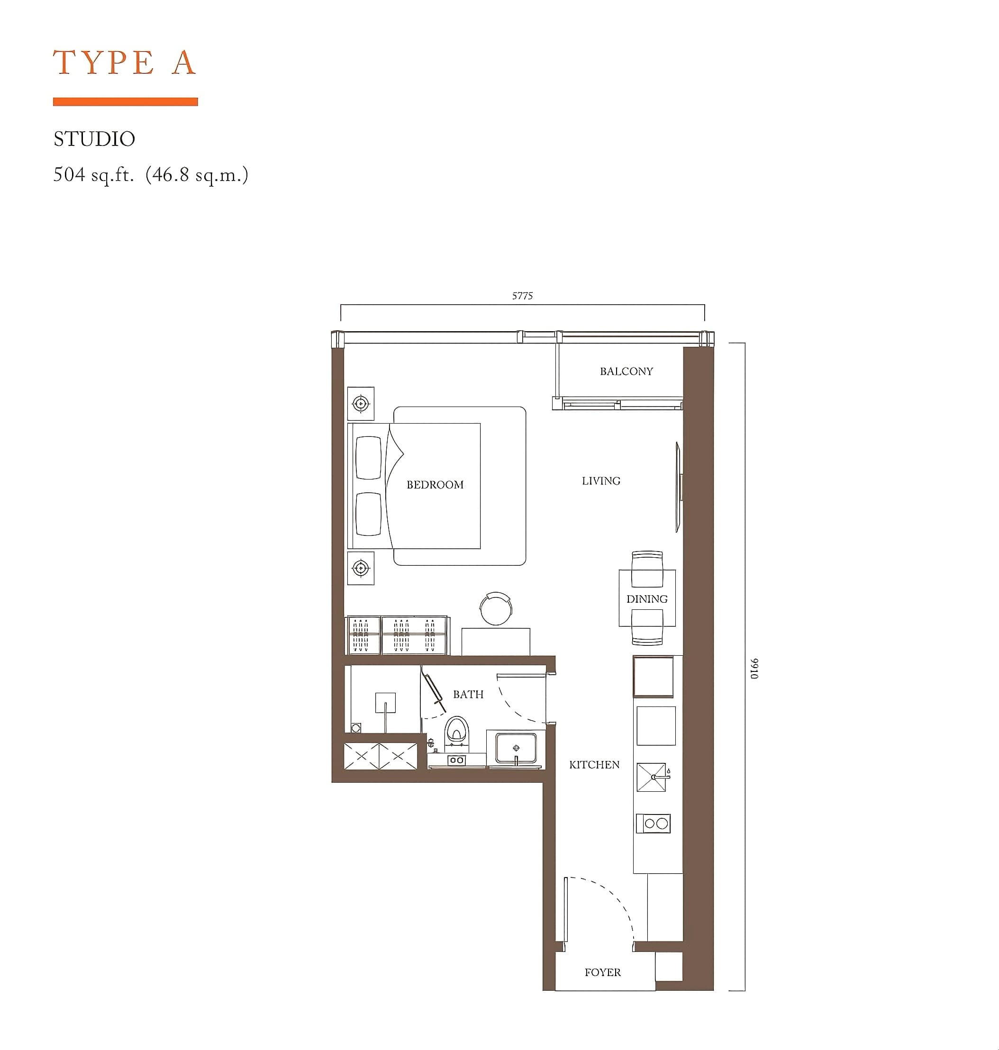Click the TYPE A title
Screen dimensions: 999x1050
(x=125, y=63)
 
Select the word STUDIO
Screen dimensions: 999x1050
(x=94, y=139)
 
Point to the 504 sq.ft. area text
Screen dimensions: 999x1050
(x=94, y=175)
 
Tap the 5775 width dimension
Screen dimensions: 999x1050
(x=522, y=296)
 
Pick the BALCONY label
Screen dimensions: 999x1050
(x=626, y=371)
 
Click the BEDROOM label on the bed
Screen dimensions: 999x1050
(x=435, y=485)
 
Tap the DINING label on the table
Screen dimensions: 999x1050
(x=646, y=599)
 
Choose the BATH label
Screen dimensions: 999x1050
(x=468, y=694)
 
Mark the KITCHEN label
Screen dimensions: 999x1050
(x=594, y=765)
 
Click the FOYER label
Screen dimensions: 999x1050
(x=602, y=973)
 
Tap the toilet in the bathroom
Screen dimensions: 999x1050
(x=457, y=729)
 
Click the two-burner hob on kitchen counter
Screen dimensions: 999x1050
(x=653, y=823)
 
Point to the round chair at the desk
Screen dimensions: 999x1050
(x=496, y=608)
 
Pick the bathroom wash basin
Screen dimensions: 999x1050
(x=516, y=748)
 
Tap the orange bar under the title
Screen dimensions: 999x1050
(x=125, y=102)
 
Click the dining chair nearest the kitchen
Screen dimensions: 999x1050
(x=647, y=627)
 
